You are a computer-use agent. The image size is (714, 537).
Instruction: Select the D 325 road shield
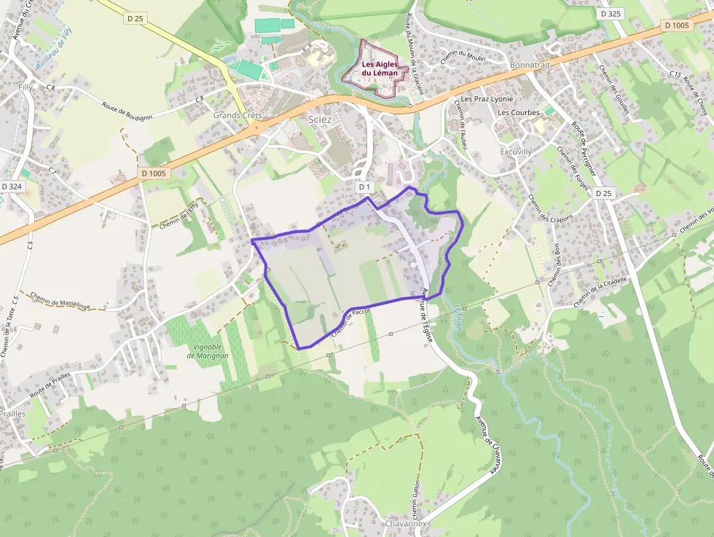611,14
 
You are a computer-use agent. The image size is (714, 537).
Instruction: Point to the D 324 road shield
12,187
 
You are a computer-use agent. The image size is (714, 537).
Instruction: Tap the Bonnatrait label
530,65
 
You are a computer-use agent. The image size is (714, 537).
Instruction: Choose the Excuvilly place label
516,152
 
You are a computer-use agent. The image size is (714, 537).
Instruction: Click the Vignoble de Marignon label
208,351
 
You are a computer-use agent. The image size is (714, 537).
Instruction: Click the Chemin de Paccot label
352,321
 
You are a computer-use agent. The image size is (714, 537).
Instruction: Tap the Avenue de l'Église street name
424,312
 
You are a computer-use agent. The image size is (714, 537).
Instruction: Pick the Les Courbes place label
519,113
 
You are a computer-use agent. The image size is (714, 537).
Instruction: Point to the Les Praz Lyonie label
487,99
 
